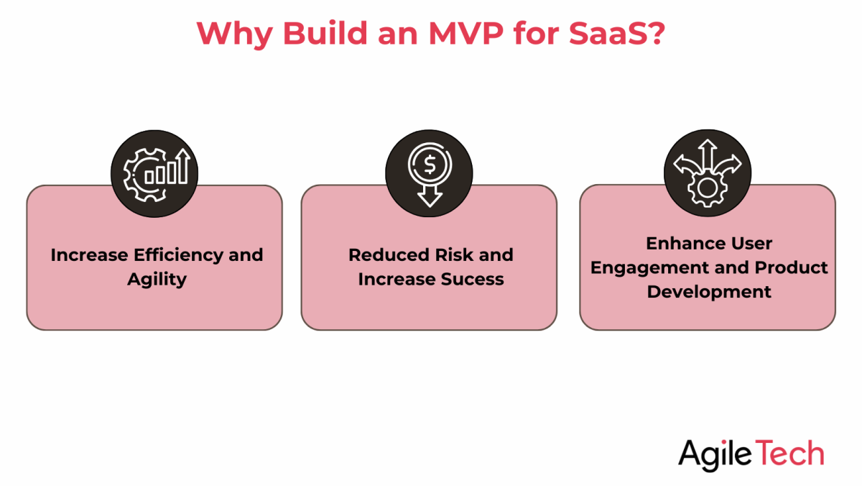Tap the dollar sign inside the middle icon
[430, 165]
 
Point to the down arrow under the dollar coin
[430, 196]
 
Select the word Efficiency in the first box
[172, 255]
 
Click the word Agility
[157, 279]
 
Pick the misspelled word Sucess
[468, 279]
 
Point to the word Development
[709, 292]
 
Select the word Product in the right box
[791, 267]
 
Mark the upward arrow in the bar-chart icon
[185, 165]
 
